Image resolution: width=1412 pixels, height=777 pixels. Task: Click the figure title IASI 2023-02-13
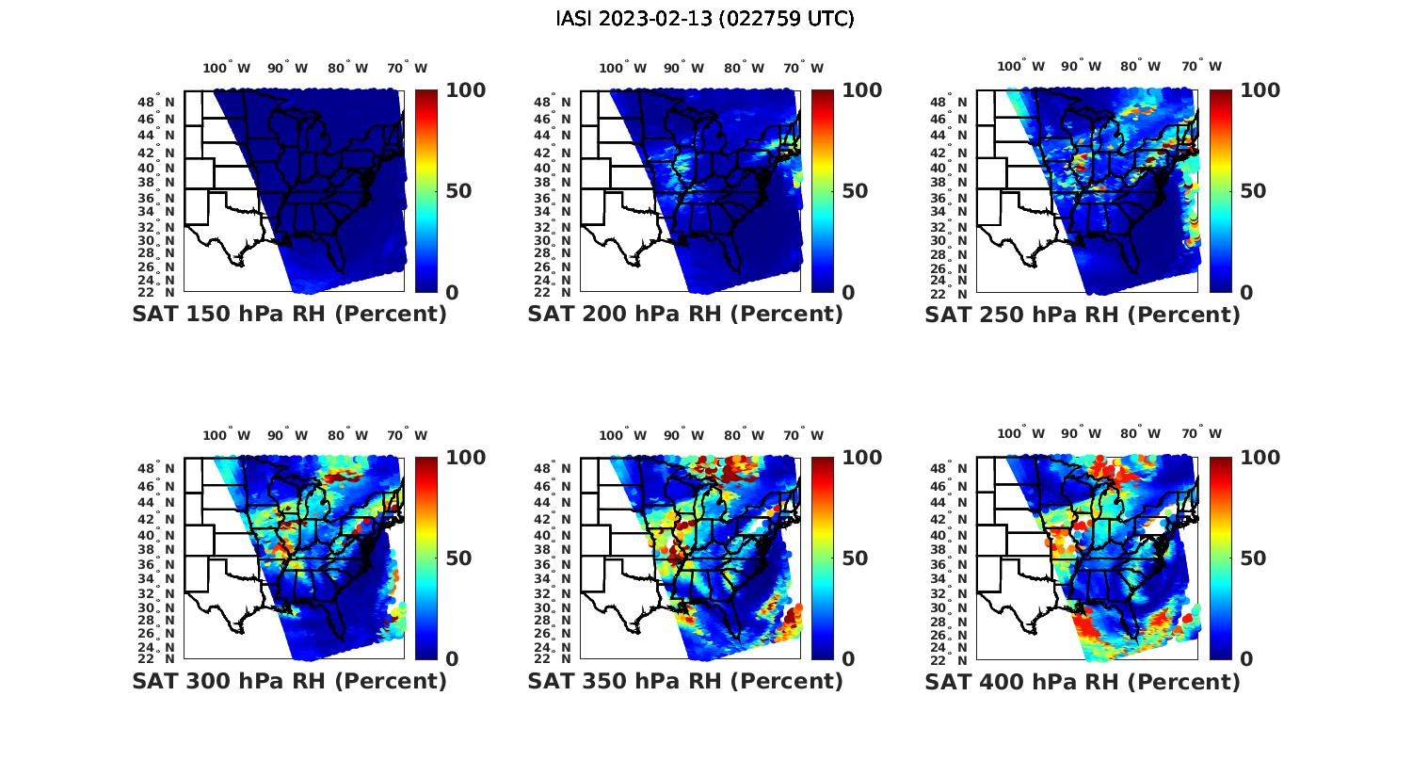[x=705, y=19]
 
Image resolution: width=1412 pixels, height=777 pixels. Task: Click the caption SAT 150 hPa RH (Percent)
[x=289, y=315]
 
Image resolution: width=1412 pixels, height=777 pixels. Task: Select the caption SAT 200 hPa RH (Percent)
[x=685, y=315]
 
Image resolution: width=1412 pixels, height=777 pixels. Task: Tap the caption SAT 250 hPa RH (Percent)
[x=1083, y=315]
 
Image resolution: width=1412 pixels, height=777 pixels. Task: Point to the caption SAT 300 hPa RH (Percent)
[x=289, y=681]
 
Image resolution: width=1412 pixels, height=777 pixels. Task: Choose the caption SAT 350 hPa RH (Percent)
[x=685, y=681]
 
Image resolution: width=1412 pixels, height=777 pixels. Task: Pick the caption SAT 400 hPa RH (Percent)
[x=1083, y=681]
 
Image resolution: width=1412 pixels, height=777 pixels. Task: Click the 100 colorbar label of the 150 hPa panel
[x=465, y=90]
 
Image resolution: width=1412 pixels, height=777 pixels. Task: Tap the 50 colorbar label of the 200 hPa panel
[x=854, y=191]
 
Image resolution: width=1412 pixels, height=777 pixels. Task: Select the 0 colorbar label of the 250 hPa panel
[x=1246, y=292]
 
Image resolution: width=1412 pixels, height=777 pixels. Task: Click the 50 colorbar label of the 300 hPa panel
[x=457, y=558]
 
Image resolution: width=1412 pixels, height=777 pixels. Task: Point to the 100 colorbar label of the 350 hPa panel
[x=861, y=458]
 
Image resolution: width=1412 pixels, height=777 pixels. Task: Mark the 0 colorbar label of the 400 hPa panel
[x=1246, y=659]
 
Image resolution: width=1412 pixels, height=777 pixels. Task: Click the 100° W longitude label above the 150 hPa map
[x=227, y=68]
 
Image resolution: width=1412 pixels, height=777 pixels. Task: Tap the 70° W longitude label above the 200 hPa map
[x=803, y=68]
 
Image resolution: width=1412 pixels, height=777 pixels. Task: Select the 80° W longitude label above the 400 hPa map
[x=1140, y=433]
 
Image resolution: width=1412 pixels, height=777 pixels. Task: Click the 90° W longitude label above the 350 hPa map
[x=683, y=435]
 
